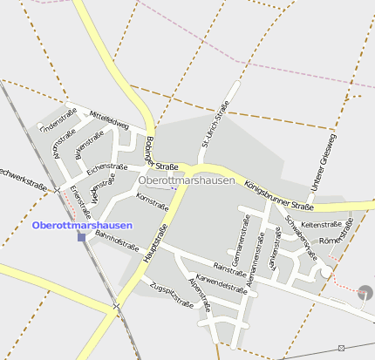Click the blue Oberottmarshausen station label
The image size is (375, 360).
pos(82,225)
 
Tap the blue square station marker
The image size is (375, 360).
pos(81,236)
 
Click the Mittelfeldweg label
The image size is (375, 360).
pos(109,120)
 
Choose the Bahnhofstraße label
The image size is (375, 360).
pos(117,241)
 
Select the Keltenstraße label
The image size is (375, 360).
pos(320,225)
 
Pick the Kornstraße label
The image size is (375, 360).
pos(153,202)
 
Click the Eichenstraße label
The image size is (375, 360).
pos(107,165)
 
